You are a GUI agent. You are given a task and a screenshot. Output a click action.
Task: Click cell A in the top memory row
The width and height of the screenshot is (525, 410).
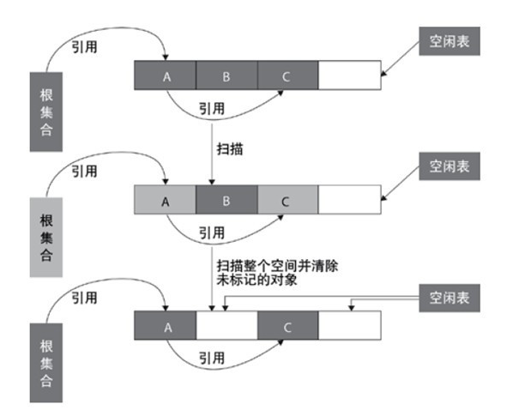coord(165,76)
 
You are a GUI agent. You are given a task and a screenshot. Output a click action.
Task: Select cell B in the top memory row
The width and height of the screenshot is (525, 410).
coord(226,76)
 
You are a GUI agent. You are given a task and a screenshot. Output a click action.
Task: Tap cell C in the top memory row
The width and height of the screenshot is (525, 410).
coord(287,76)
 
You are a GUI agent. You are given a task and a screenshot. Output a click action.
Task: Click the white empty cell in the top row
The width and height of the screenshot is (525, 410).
coord(349,76)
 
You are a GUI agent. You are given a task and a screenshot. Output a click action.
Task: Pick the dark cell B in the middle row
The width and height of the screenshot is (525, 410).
coord(226,201)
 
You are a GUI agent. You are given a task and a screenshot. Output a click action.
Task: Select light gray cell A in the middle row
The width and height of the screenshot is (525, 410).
coord(165,201)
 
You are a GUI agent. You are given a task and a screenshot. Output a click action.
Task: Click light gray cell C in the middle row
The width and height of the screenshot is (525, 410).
coord(287,201)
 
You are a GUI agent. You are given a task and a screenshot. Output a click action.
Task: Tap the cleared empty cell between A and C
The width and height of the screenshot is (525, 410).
coord(226,326)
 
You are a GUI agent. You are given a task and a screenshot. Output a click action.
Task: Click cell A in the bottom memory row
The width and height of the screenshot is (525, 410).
coord(165,326)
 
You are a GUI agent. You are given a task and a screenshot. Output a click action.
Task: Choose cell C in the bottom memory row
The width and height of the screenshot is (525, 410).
coord(287,326)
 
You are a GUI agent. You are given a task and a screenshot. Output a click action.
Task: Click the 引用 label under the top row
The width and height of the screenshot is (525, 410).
coord(212,109)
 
